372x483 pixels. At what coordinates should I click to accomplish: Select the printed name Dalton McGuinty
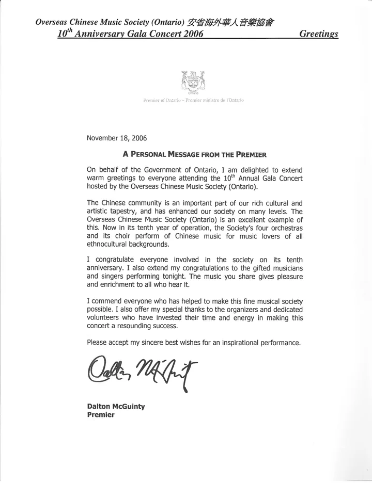(116, 407)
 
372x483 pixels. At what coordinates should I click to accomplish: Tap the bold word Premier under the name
(100, 415)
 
